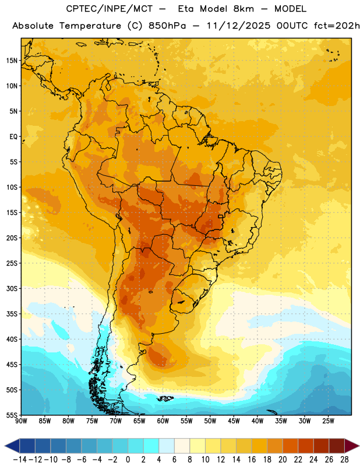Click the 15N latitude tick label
coord(12,61)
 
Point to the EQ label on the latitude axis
coord(13,137)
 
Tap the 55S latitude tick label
coord(12,415)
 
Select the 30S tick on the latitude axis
coord(12,288)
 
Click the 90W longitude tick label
coord(21,421)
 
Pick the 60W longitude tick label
coord(163,421)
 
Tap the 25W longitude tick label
coord(328,421)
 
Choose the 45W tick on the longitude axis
coord(234,421)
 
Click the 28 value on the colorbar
coord(344,460)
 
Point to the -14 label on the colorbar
coord(20,460)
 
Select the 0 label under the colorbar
coord(128,460)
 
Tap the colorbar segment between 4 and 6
coord(167,446)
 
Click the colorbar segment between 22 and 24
coord(306,446)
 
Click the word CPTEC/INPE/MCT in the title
coord(109,9)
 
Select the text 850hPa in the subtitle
coord(167,26)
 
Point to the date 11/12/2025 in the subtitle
coord(238,26)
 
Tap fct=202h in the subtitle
coord(337,26)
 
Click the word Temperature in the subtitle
coord(90,26)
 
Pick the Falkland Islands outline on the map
coord(165,398)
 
